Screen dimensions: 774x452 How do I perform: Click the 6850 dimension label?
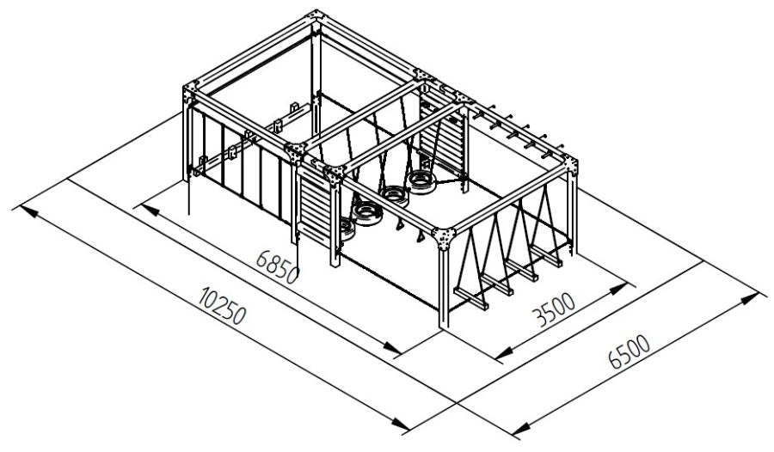[x=278, y=267]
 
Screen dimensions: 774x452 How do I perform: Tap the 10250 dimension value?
[x=222, y=305]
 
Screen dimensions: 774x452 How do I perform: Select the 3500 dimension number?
[x=553, y=309]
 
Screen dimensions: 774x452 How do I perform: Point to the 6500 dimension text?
[x=630, y=351]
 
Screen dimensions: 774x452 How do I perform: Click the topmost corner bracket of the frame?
[x=316, y=19]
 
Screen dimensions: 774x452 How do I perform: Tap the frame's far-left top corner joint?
[x=192, y=93]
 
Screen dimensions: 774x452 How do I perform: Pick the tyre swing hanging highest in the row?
[x=421, y=181]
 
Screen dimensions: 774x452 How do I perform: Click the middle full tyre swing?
[x=395, y=195]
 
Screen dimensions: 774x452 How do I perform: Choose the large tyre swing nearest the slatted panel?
[x=368, y=213]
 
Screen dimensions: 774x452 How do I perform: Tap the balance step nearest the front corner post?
[x=471, y=298]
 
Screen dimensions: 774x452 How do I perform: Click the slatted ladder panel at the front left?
[x=314, y=204]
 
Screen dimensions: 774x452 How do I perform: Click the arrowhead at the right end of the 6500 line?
[x=749, y=297]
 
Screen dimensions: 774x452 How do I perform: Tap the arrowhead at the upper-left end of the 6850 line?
[x=149, y=211]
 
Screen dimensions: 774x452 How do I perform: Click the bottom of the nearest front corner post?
[x=444, y=325]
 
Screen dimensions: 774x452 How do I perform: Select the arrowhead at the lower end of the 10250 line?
[x=400, y=423]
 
